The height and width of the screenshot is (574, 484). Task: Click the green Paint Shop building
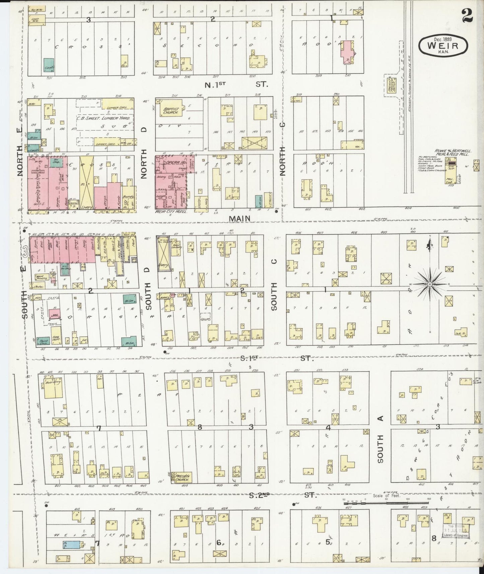pyautogui.click(x=43, y=341)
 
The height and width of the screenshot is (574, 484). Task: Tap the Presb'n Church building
pyautogui.click(x=181, y=477)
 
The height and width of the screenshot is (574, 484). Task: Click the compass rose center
pyautogui.click(x=430, y=284)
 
